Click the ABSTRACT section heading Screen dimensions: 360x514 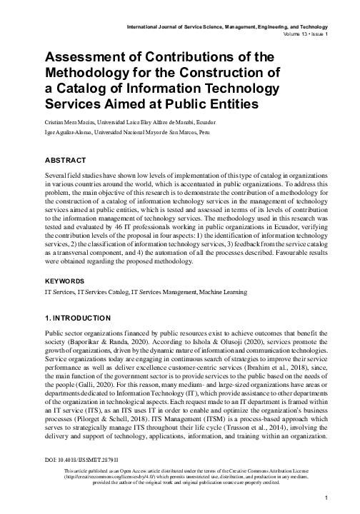(x=67, y=161)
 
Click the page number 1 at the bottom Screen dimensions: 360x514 (x=326, y=498)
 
